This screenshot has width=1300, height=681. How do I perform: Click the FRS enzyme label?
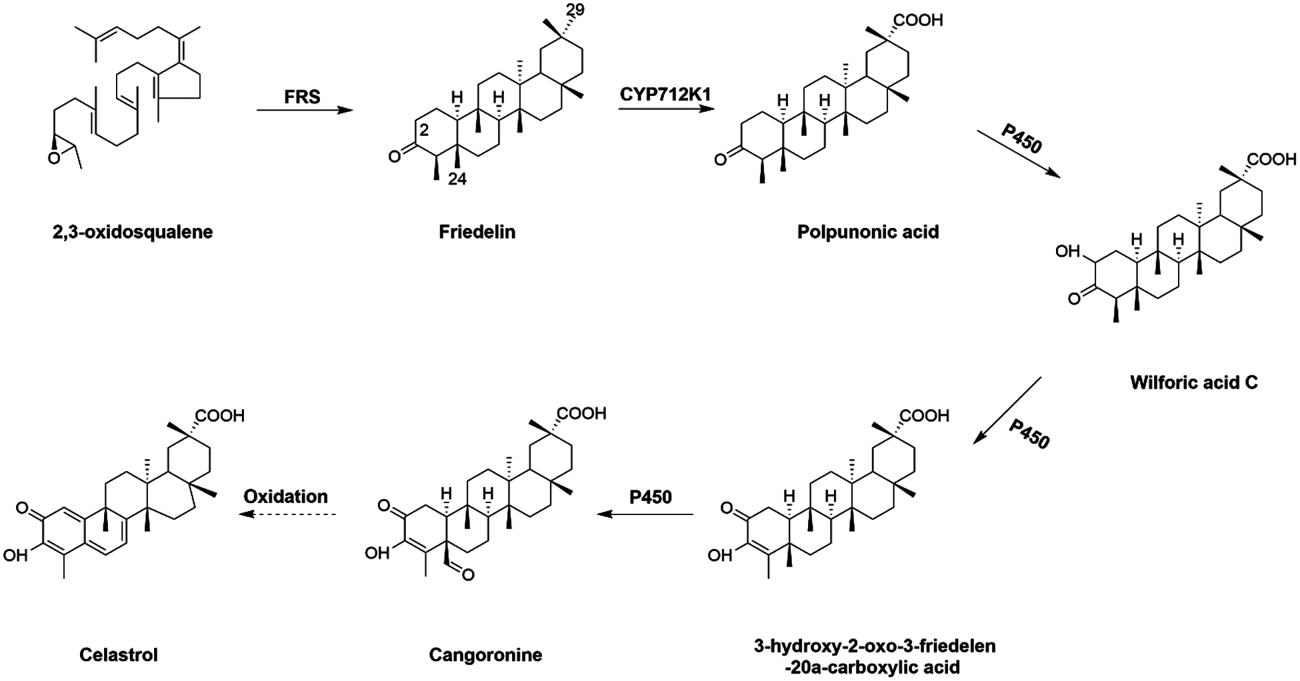point(302,97)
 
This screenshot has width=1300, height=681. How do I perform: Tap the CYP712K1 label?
point(665,94)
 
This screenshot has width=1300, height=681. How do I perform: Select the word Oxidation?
point(285,496)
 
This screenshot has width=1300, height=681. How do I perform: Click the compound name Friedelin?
point(477,232)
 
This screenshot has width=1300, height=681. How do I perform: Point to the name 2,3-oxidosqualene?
point(133,232)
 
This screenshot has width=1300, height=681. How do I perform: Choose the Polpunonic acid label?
point(867,232)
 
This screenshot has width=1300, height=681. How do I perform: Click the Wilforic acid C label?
point(1193,382)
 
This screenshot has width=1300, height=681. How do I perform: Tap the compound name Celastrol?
point(119,654)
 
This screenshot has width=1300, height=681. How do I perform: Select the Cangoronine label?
point(485,654)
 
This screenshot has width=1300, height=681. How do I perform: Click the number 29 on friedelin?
point(575,11)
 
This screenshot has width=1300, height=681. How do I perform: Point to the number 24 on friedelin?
point(457,179)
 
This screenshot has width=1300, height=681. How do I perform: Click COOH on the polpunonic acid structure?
point(918,20)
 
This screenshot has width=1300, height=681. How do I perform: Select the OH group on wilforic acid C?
point(1067,251)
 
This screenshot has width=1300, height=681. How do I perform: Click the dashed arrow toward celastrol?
point(288,514)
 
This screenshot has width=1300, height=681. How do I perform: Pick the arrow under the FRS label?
point(304,111)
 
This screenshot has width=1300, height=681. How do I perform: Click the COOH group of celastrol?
point(219,416)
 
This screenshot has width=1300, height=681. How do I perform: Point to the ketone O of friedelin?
point(395,157)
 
